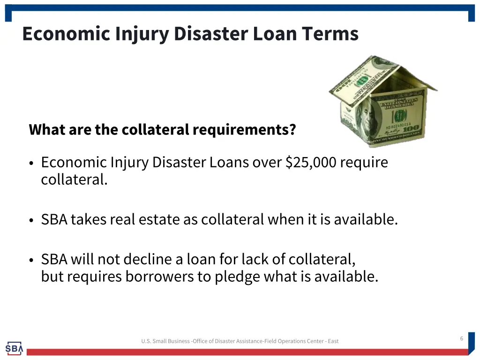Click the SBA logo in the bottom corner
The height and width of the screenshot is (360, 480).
click(x=14, y=348)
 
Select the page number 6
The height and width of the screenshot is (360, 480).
click(x=461, y=338)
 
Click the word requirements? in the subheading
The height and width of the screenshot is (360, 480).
click(x=244, y=129)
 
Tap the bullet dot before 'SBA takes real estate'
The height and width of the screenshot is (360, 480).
click(x=31, y=220)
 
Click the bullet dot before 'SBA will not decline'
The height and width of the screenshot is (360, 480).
click(x=31, y=260)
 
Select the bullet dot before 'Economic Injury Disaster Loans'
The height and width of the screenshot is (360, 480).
click(x=31, y=164)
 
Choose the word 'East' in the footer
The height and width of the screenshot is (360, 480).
click(x=333, y=341)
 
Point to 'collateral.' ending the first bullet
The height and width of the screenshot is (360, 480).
click(x=74, y=180)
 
